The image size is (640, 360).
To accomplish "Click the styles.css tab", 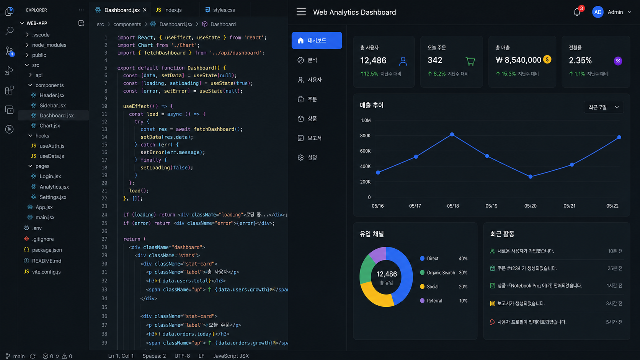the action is [220, 10].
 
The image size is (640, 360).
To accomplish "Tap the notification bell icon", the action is [577, 12].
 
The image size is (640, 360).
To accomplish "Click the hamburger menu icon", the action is [301, 12].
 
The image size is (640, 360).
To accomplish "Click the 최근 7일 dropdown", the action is [603, 108].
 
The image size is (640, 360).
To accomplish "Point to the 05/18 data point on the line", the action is [452, 134].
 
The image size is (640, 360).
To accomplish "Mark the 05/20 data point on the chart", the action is [530, 177].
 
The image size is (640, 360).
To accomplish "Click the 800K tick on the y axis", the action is [365, 135].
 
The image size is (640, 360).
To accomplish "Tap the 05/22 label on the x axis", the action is [612, 206].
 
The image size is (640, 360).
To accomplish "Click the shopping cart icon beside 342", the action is [470, 61].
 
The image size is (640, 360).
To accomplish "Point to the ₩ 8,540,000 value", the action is [518, 60].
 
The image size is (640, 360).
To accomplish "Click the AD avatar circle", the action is [598, 12].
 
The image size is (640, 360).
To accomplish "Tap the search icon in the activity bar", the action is [9, 31].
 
